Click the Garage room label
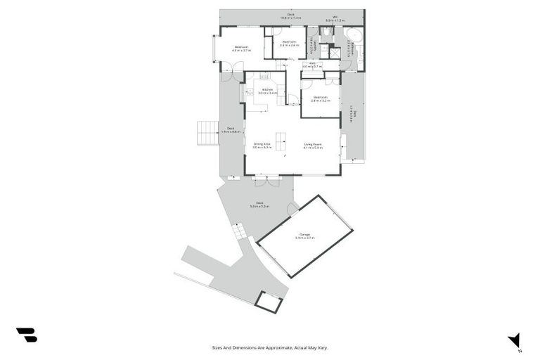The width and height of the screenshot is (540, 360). (x=304, y=236)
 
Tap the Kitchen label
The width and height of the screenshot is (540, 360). (x=267, y=91)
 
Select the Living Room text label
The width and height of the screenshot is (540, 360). (x=313, y=146)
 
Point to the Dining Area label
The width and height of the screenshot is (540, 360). (x=262, y=146)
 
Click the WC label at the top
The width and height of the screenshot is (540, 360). (x=335, y=19)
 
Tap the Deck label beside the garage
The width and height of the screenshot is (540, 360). (x=261, y=205)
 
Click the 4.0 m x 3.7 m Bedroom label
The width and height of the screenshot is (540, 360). (x=241, y=49)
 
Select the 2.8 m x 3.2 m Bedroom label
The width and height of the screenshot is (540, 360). (x=321, y=98)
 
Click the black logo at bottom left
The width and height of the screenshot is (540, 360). (x=26, y=335)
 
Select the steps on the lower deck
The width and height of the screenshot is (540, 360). (x=239, y=230)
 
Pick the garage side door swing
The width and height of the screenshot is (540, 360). (x=292, y=209)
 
